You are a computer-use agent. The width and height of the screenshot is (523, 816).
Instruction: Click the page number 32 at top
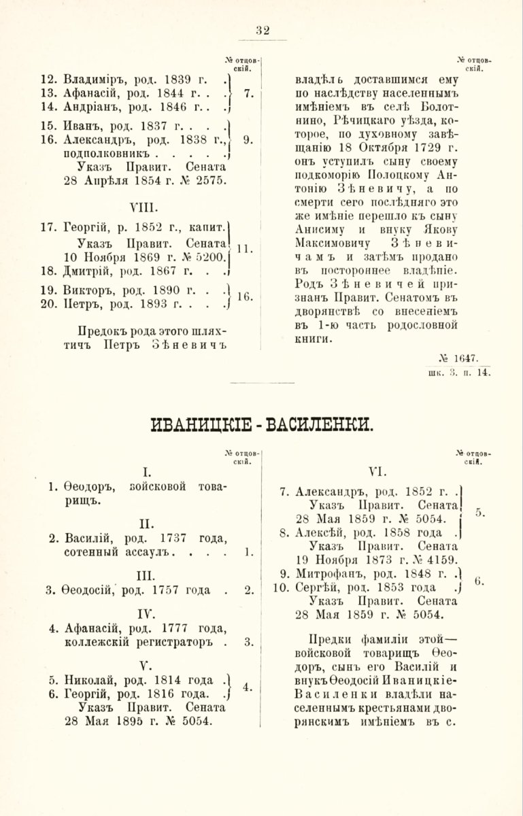point(263,30)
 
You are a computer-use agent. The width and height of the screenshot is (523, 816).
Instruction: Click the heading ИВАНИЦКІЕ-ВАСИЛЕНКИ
point(261,427)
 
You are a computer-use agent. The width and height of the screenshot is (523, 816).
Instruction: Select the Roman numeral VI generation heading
point(377,470)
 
